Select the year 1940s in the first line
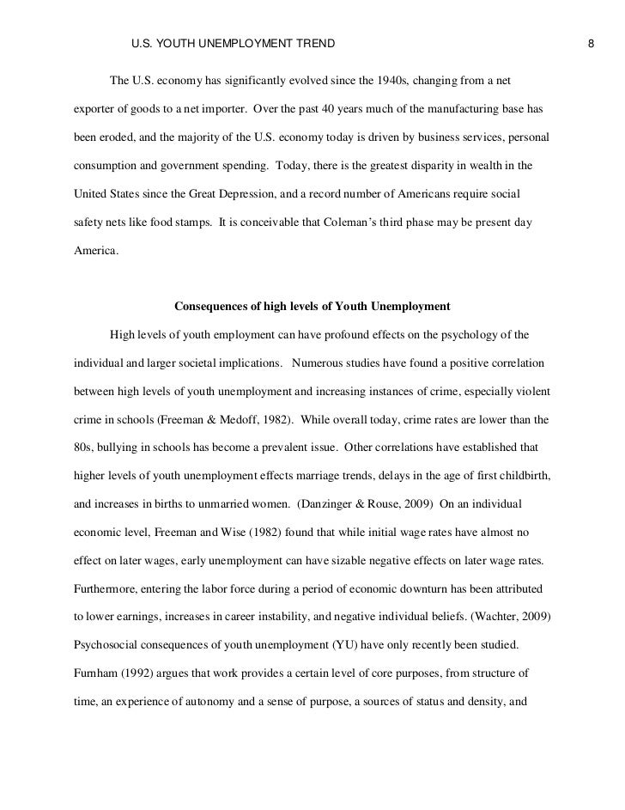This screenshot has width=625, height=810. coord(391,82)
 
